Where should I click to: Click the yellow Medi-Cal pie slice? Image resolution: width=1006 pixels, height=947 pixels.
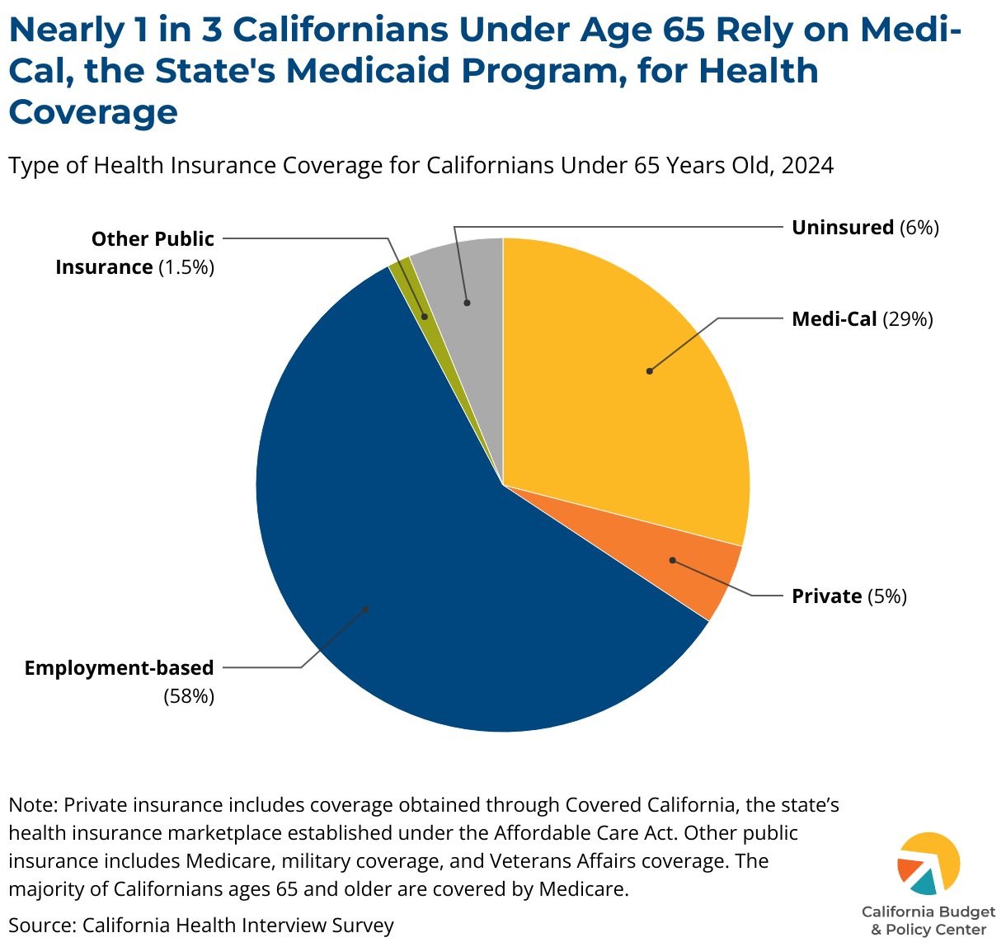pos(627,388)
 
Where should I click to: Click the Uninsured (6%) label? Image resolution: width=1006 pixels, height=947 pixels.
pos(865,228)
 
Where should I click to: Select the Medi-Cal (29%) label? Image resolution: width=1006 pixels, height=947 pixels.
pos(862,319)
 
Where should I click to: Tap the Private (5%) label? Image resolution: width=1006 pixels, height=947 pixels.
pos(849,596)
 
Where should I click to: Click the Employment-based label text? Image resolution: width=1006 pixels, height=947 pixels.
pos(120,667)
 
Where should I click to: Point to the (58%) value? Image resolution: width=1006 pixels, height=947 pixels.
pos(189,696)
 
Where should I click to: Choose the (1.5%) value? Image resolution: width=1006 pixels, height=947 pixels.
pos(186,267)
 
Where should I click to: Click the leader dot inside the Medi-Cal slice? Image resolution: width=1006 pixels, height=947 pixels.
pos(650,371)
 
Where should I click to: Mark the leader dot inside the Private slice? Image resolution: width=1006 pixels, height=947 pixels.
pos(673,560)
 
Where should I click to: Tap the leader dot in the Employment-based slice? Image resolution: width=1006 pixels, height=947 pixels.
pos(365,610)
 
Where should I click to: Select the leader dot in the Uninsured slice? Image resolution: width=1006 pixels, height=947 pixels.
pos(467,303)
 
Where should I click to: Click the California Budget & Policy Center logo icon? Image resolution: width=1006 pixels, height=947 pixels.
pos(928,864)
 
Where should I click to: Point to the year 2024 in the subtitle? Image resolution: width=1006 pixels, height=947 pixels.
pos(807,166)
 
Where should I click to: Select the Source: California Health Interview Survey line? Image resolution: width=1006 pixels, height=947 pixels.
pos(201,926)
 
